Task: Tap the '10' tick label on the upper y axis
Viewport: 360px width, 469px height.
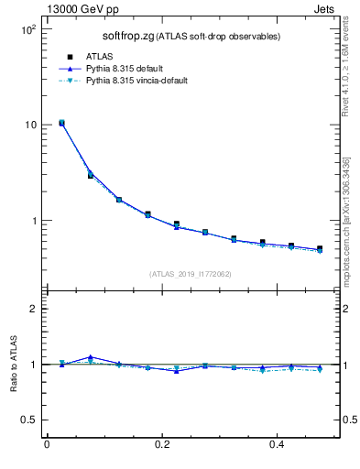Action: pos(29,125)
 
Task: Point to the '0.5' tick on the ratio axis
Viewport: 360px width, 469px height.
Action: pos(28,420)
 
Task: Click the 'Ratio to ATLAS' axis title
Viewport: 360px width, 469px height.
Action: pos(12,364)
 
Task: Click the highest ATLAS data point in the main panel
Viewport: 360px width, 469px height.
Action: pos(61,122)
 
